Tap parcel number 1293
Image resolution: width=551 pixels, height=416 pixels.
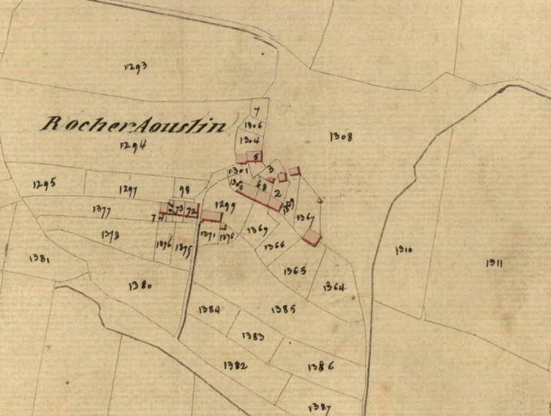pos(136,67)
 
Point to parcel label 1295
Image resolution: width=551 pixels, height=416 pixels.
pos(45,184)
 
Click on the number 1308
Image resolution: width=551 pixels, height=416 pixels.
pos(341,136)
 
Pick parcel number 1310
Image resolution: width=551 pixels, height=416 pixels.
pos(404,249)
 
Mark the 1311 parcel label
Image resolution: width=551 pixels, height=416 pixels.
pos(494,262)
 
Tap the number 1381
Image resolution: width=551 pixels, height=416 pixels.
pos(40,258)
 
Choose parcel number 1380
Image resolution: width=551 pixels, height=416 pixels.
pos(140,285)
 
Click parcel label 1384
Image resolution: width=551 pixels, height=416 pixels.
pos(209,310)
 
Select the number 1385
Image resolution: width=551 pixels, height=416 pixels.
pos(284,309)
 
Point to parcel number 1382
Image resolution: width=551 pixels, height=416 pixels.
pos(235,366)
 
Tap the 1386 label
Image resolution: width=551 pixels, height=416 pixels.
pos(321,366)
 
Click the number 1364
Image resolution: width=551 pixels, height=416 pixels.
pos(333,287)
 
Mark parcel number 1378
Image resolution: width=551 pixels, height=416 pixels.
pos(111,235)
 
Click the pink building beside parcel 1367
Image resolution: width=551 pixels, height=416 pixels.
pos(311,236)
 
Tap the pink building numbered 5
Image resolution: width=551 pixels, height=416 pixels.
pos(254,156)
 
